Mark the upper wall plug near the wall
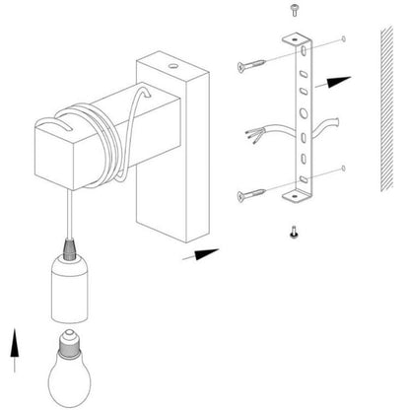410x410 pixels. click(x=342, y=40)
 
